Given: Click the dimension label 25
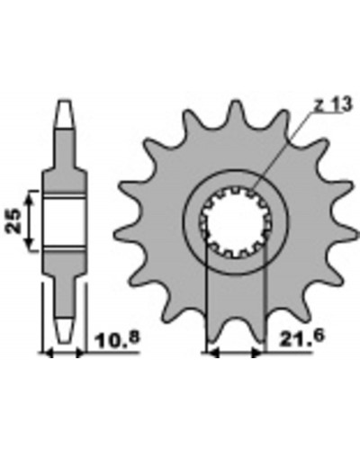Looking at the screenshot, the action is tap(13, 220).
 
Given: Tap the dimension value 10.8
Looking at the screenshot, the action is tap(117, 338).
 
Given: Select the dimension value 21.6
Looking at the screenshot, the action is tap(301, 337).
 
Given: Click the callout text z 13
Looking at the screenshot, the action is tap(332, 105).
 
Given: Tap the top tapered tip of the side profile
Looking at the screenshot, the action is tap(66, 114).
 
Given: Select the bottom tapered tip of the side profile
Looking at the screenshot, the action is tap(65, 330).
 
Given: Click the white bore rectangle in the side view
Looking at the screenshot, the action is tap(66, 222).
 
